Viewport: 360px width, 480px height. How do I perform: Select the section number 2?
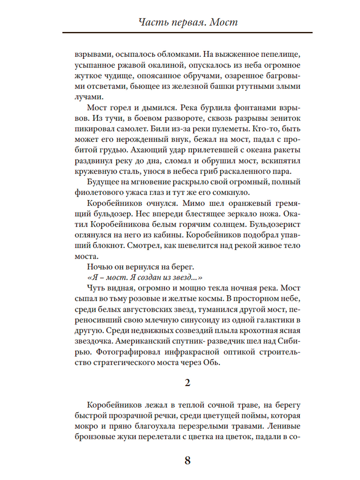187,383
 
